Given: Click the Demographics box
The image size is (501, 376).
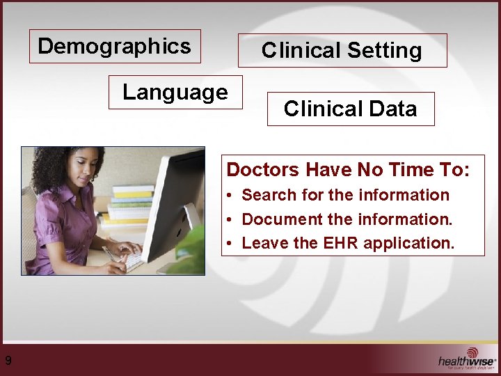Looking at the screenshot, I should [x=115, y=47].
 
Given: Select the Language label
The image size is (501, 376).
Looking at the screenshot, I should [x=175, y=92].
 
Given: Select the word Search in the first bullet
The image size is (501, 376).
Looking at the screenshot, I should [x=266, y=196].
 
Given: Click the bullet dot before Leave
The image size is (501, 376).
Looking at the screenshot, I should [x=230, y=243].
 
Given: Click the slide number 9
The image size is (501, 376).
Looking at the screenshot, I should [x=8, y=360].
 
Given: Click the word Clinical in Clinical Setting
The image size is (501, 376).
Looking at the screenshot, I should [x=301, y=51].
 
